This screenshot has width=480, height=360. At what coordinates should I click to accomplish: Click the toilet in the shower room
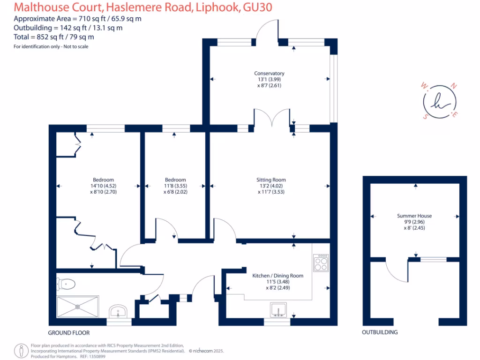67,283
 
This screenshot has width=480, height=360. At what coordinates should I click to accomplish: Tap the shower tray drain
77,306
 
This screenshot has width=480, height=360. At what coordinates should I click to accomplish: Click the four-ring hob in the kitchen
321,262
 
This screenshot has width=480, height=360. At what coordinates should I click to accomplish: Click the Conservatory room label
269,74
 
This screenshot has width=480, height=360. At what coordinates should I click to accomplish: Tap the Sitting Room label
271,180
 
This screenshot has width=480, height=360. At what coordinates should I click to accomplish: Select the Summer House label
414,216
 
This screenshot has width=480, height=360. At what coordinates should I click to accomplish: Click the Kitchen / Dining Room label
278,276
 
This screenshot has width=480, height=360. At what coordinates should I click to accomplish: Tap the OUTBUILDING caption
380,332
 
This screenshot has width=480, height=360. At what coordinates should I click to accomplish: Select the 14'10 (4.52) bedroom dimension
103,186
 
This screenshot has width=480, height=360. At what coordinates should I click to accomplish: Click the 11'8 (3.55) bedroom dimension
175,186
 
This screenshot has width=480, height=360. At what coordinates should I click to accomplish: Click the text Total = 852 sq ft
53,37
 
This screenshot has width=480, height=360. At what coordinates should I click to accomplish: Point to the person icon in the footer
21,350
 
